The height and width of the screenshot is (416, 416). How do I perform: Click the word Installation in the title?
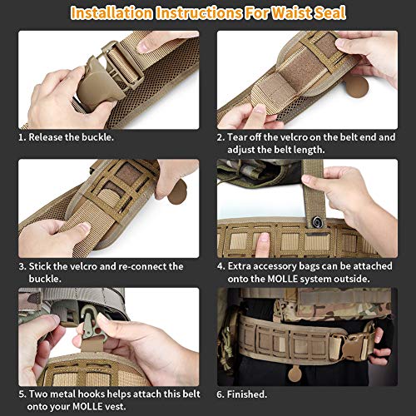click(x=111, y=12)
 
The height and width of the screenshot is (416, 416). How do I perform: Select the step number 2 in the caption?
click(x=220, y=137)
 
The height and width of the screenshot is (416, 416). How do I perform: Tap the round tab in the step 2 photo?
click(x=356, y=87)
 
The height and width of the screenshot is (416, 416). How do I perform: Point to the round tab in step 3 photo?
click(x=177, y=192)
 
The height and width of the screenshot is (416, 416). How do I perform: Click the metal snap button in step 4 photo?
click(x=316, y=221)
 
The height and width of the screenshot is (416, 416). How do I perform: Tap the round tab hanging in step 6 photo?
click(x=295, y=374)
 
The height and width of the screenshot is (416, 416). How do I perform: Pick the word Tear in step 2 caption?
click(x=237, y=137)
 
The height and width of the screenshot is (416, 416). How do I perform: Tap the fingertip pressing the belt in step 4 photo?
click(x=264, y=238)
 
